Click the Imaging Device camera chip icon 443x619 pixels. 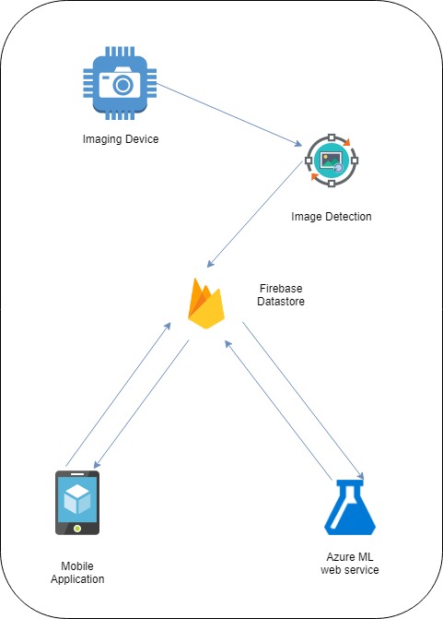(x=120, y=83)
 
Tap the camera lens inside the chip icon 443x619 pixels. (x=123, y=85)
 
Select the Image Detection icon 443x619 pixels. (x=332, y=161)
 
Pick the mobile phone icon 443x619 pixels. (x=77, y=503)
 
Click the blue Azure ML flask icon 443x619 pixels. (x=350, y=507)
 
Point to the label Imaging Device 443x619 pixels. (x=121, y=139)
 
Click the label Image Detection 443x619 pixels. (x=331, y=217)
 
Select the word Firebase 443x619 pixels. (x=281, y=288)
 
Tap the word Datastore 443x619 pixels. (x=281, y=302)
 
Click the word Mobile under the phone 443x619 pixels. (x=77, y=565)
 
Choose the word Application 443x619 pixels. (x=77, y=579)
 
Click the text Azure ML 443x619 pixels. (x=350, y=556)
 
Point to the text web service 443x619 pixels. (x=350, y=570)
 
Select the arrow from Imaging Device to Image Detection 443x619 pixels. (x=229, y=115)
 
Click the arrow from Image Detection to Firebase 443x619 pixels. (x=254, y=214)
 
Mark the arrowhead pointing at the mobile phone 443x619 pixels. (x=97, y=465)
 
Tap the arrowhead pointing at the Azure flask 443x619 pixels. (x=360, y=475)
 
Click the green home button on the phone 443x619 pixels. (x=77, y=529)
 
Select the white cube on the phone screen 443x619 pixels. (x=77, y=499)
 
